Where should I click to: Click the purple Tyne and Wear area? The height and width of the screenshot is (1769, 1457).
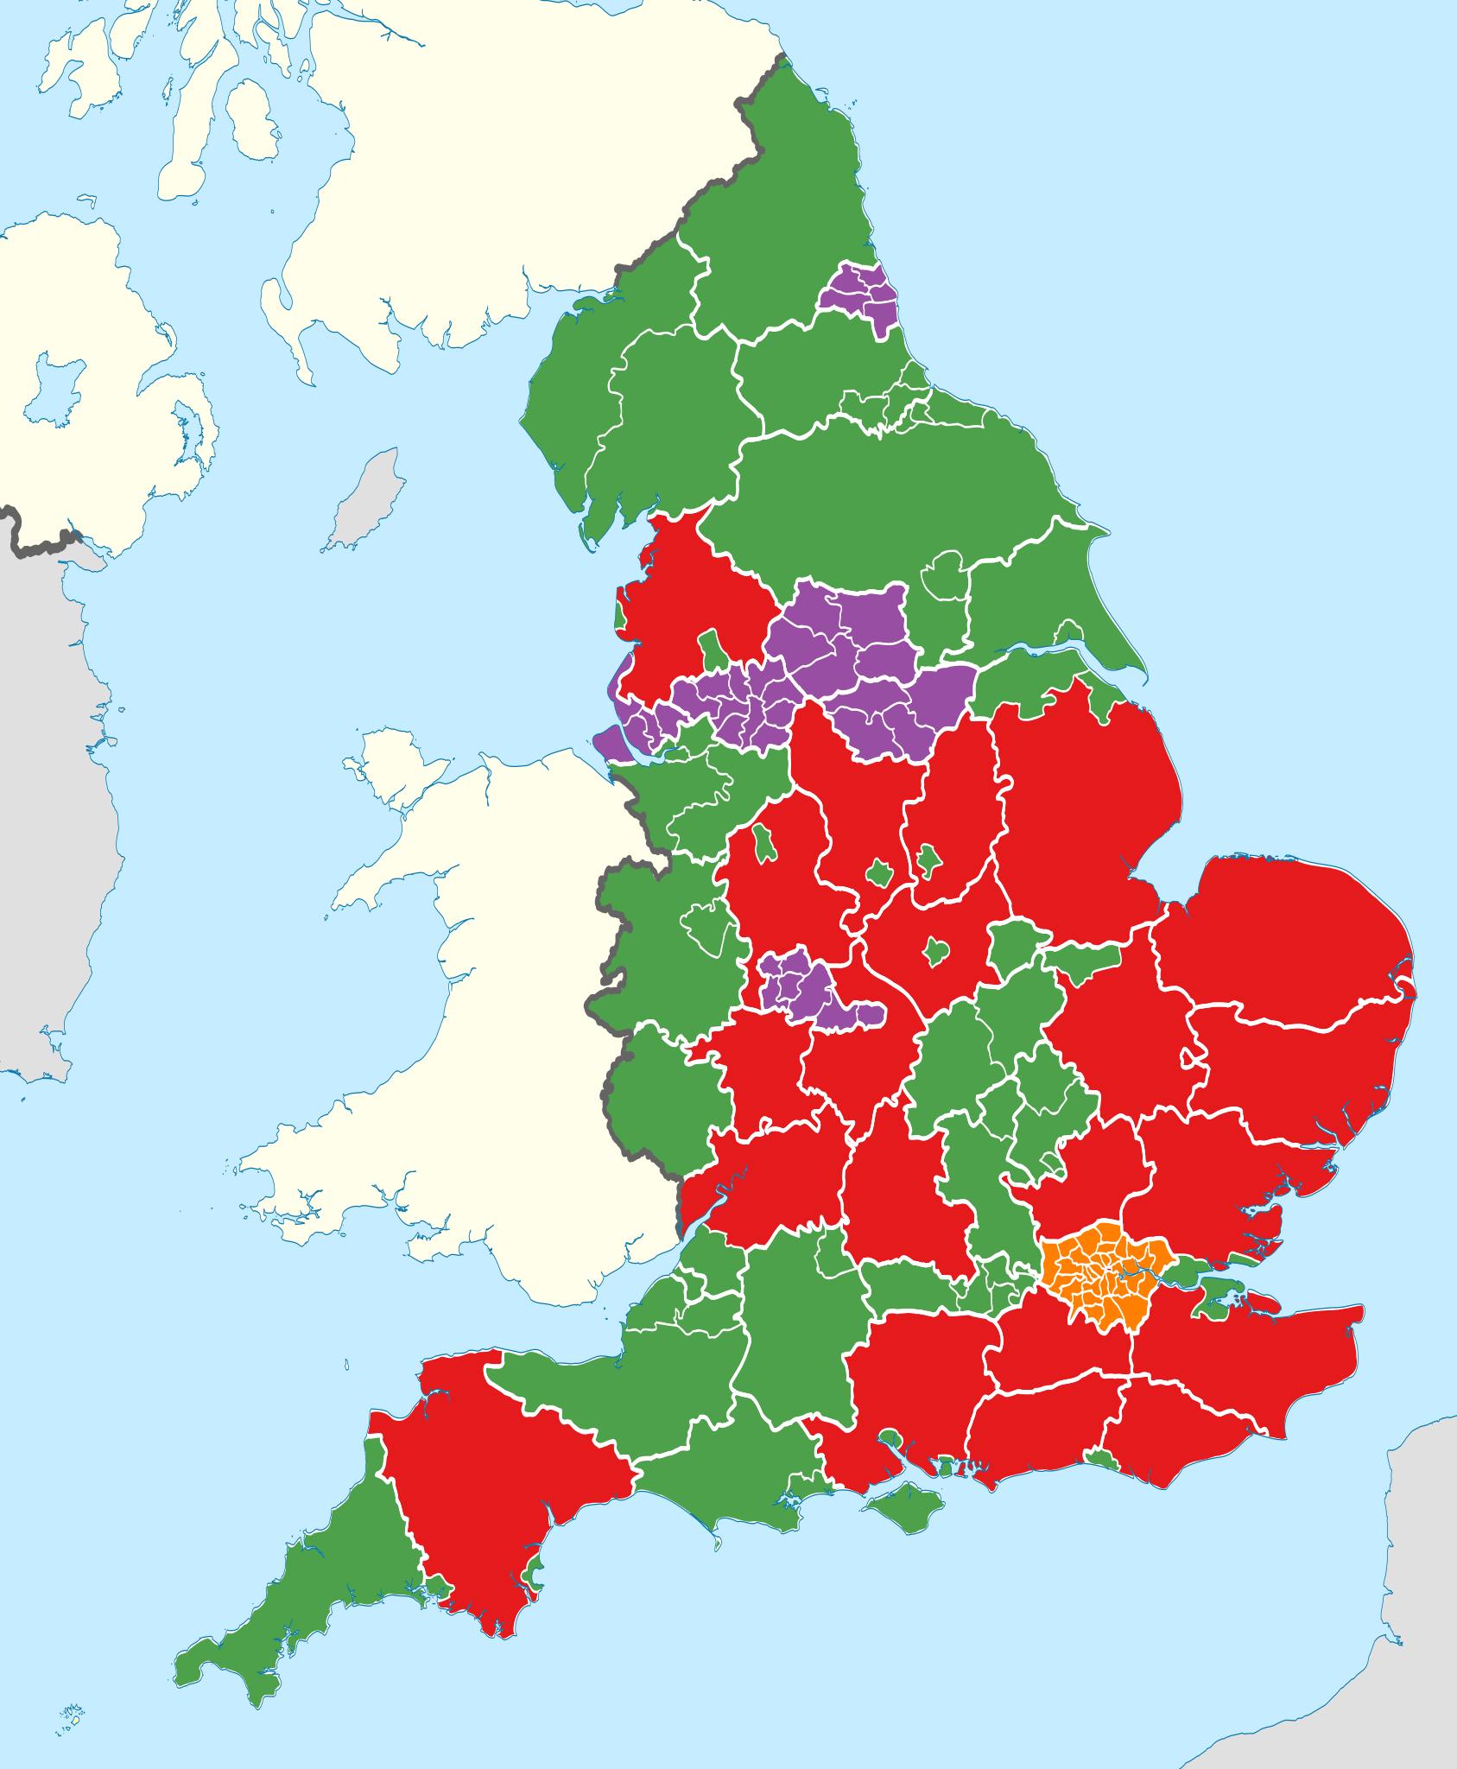(859, 294)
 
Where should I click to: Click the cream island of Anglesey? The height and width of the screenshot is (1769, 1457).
(393, 769)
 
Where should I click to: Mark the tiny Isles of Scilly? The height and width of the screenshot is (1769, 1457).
(72, 1718)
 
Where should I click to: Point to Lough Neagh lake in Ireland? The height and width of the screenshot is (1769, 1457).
(57, 389)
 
